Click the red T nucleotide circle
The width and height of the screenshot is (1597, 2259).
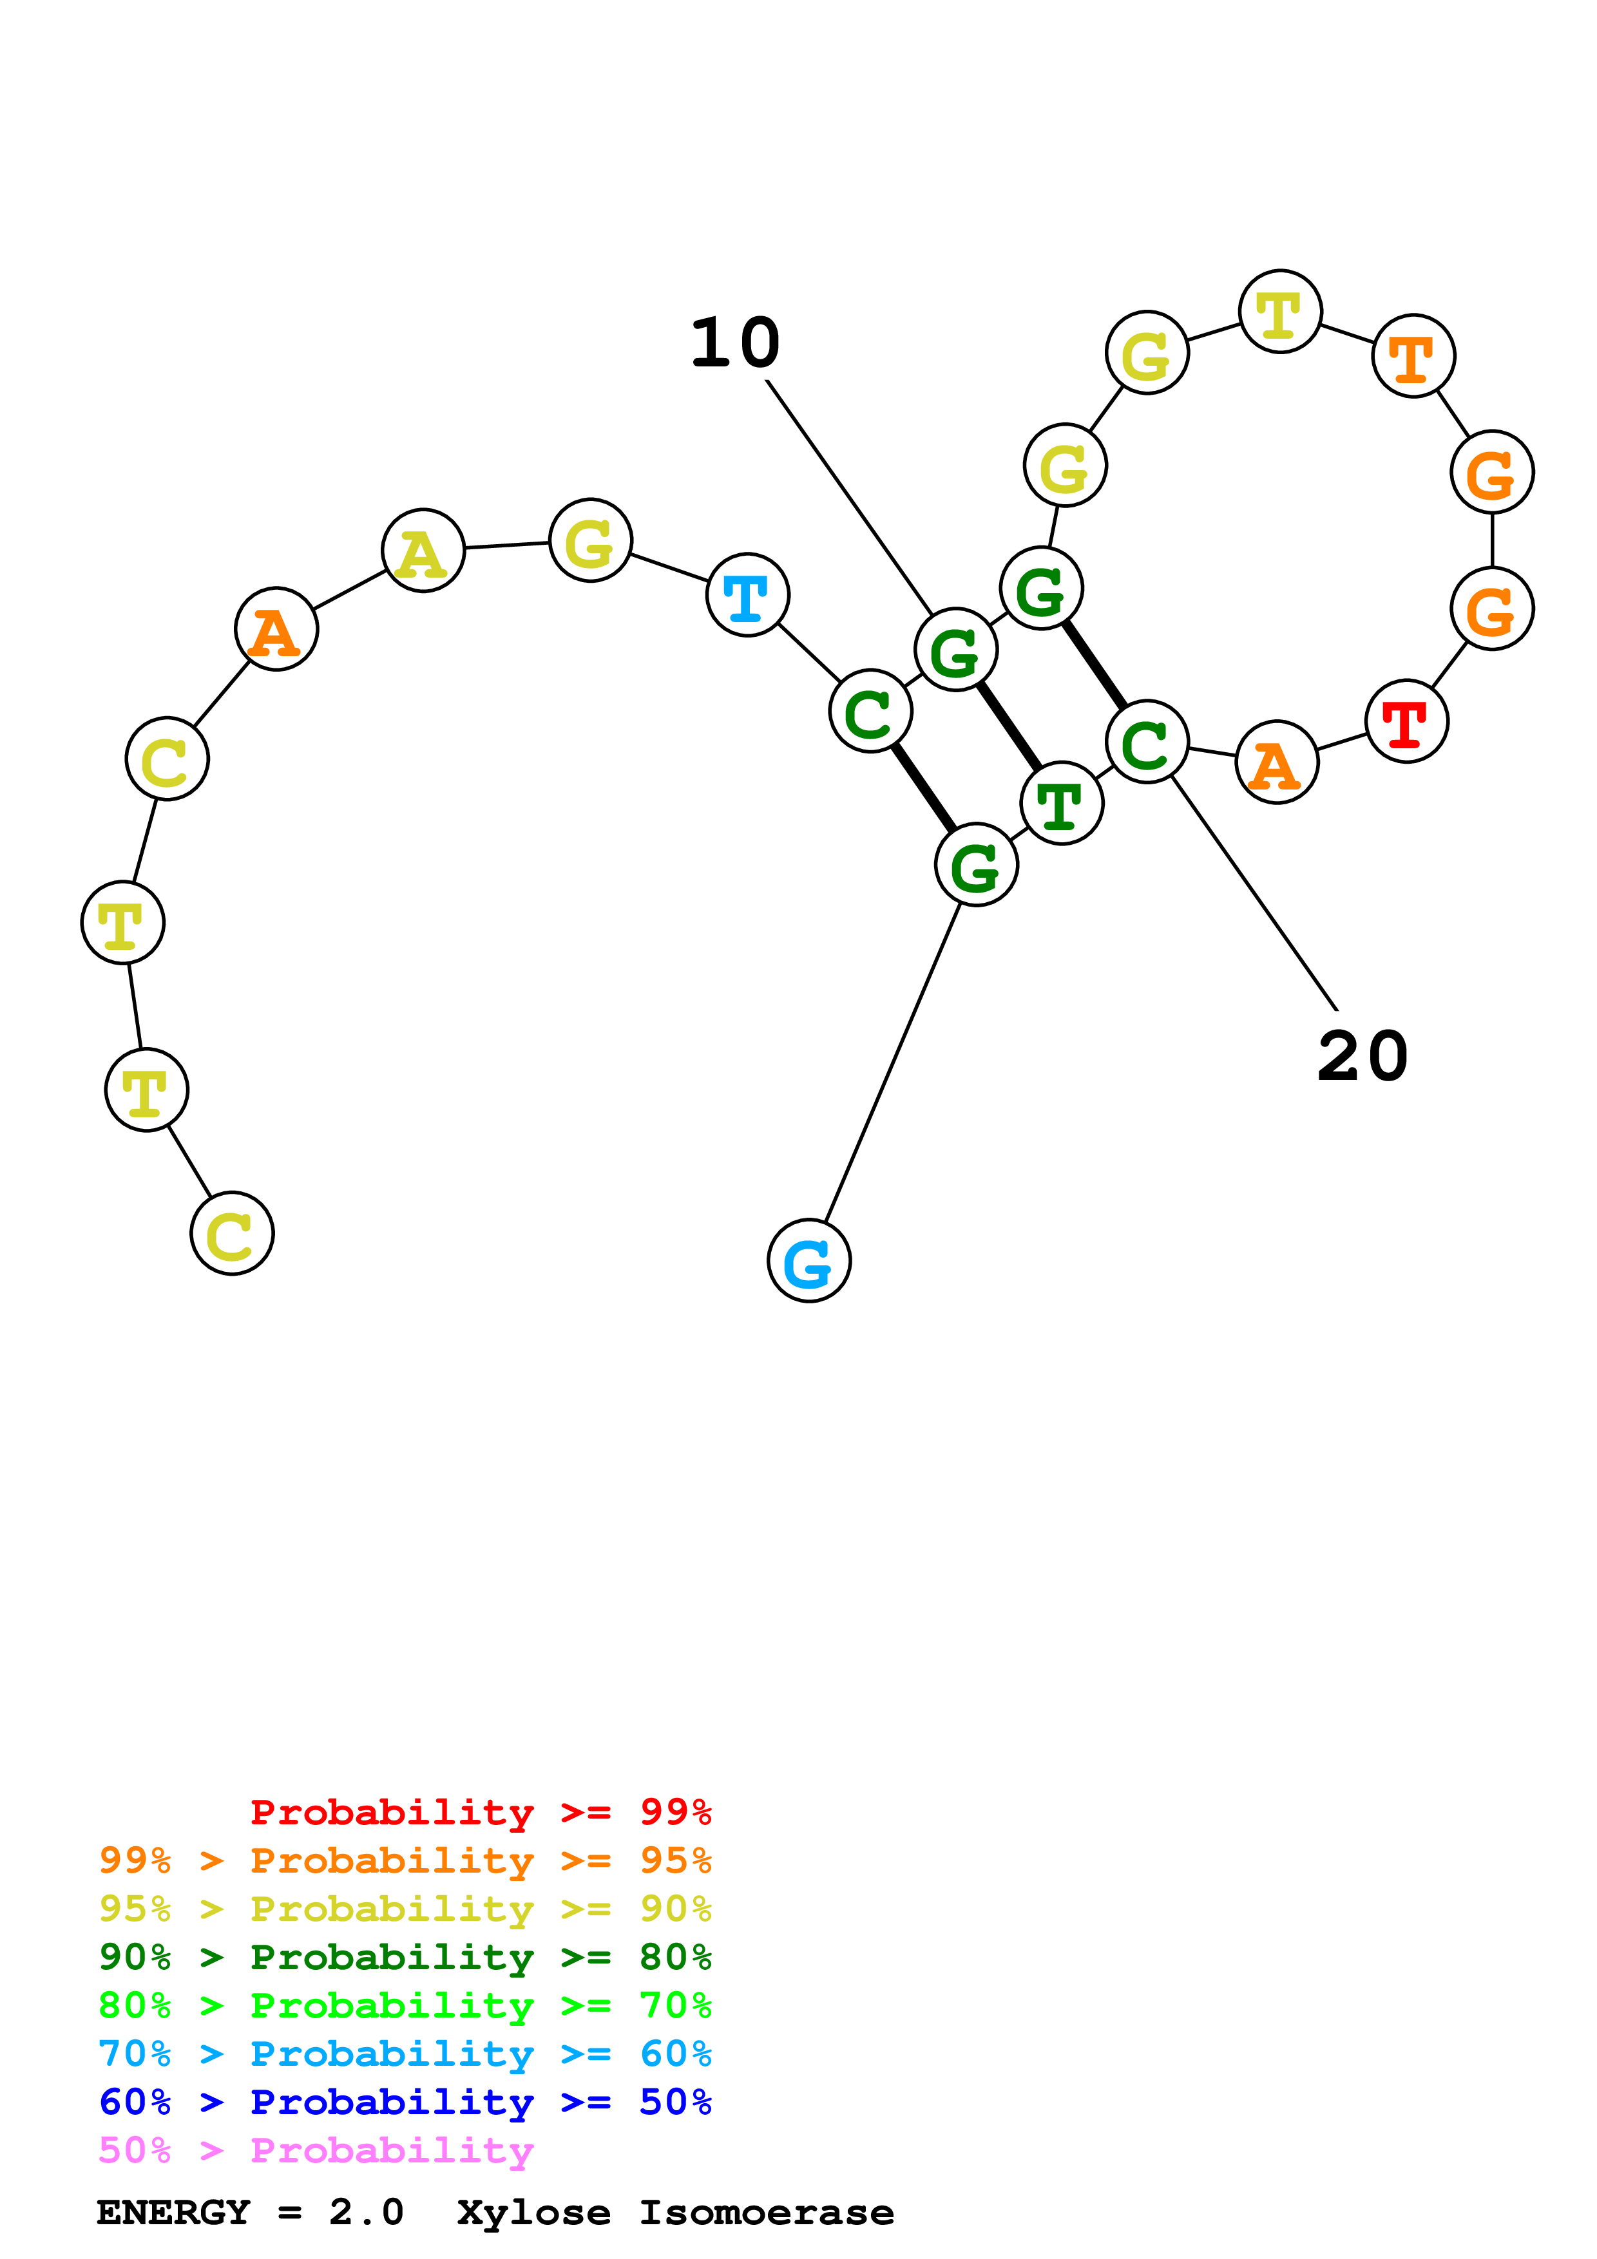[1406, 721]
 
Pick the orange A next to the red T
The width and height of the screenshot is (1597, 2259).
[1276, 762]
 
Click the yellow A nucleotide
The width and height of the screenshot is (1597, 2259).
[423, 551]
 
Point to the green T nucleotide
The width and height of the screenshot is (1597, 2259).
[1061, 803]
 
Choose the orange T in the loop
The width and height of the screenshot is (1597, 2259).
[1413, 356]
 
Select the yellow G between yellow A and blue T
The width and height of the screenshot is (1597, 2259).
[590, 540]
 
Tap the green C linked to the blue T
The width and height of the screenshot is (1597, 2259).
[871, 712]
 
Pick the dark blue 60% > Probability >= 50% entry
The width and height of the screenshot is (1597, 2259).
[405, 2102]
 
